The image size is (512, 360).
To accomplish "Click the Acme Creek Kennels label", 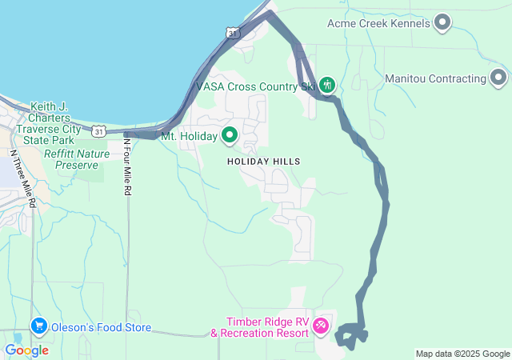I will (378, 23).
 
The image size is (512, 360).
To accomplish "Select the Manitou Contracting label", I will (435, 78).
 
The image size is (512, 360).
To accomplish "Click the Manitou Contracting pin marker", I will (498, 78).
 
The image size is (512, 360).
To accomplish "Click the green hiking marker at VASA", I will (326, 84).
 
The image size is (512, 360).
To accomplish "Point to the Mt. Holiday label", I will (190, 136).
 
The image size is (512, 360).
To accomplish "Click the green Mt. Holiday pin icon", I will (230, 135).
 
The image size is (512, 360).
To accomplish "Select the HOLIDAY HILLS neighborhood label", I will (263, 162).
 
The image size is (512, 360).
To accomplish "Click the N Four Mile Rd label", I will (126, 168).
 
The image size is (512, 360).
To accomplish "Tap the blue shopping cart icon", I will (38, 326).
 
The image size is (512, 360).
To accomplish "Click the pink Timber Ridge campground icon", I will (321, 326).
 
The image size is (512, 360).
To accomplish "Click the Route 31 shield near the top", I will (232, 33).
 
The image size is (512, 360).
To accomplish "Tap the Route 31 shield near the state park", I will (98, 130).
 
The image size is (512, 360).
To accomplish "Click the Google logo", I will (26, 350).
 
